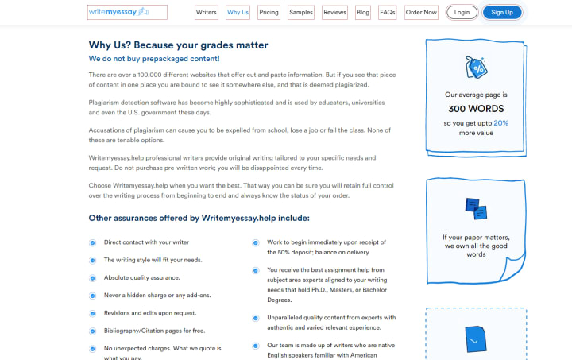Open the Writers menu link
point(207,13)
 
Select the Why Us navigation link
point(238,13)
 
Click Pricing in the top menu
point(269,13)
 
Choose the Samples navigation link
point(301,13)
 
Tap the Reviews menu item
point(335,13)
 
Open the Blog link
point(363,13)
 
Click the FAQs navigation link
point(388,13)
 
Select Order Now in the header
point(421,13)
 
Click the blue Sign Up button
point(502,13)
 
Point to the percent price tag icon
point(477,67)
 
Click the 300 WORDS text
point(476,109)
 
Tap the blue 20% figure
point(500,123)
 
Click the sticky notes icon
point(476,209)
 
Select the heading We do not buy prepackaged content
point(154,59)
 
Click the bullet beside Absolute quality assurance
point(93,278)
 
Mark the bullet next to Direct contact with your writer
point(93,243)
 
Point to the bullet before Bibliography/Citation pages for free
point(93,331)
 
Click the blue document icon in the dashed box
point(476,339)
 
